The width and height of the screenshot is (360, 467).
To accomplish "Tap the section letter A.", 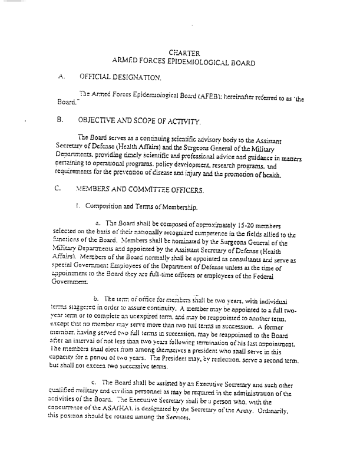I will (x=61, y=77).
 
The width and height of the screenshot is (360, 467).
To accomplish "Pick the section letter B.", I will (x=61, y=119).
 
